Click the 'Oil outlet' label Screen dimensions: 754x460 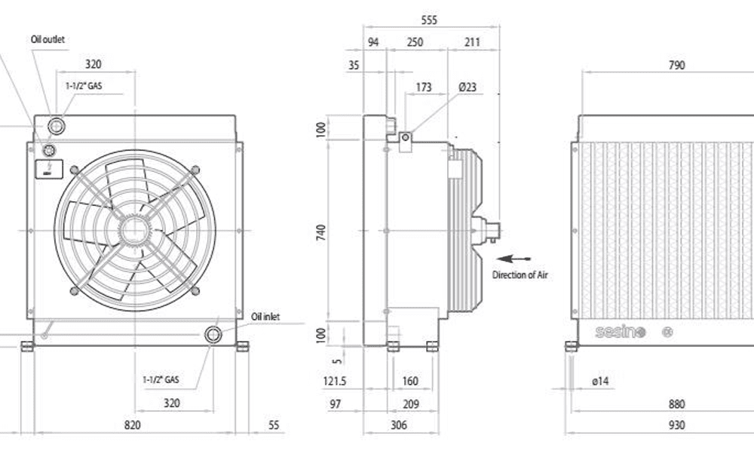pos(48,39)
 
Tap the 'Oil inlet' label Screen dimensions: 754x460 pos(265,317)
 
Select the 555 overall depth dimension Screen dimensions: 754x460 pos(429,20)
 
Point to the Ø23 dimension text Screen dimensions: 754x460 pos(467,87)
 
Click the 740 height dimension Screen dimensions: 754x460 pos(321,232)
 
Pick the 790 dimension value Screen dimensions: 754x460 pos(676,65)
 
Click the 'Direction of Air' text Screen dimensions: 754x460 pos(520,274)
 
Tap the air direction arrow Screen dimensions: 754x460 pos(513,259)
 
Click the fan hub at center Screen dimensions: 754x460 pos(134,231)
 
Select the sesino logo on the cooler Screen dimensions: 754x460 pos(620,332)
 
